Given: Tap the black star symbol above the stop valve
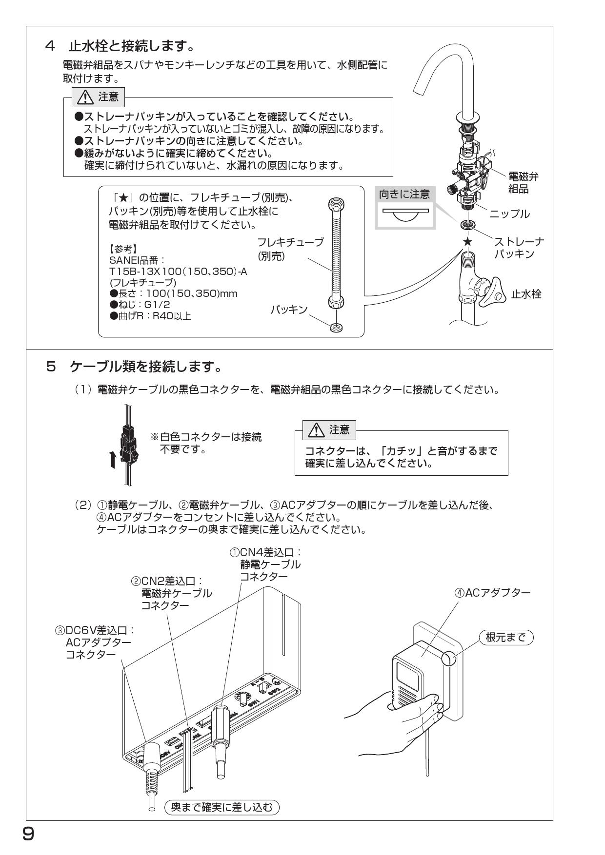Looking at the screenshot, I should tap(467, 241).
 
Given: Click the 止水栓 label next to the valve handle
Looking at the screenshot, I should tap(526, 294).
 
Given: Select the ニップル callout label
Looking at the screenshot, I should tap(509, 214).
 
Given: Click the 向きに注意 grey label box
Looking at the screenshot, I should tap(404, 194).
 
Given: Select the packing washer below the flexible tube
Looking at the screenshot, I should tap(336, 327).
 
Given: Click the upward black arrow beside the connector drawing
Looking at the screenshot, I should tap(113, 458).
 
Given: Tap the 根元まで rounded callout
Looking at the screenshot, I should tap(506, 637).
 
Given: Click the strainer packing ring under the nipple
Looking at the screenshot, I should tap(467, 226).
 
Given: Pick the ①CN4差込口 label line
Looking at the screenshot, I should tap(266, 553).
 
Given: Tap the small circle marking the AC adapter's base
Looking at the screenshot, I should tap(448, 659).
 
